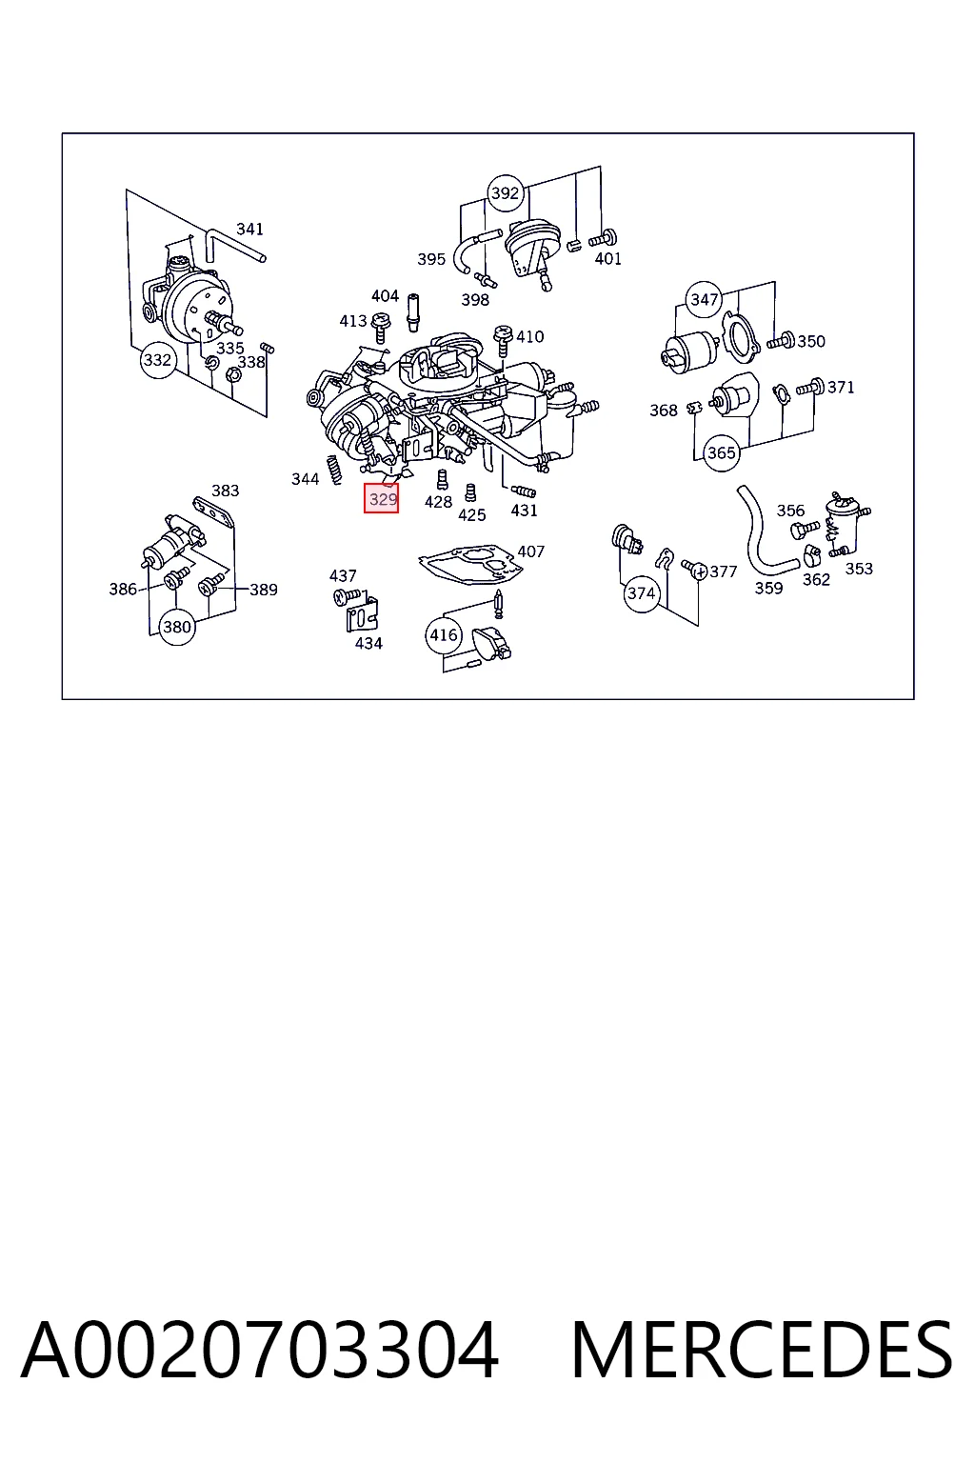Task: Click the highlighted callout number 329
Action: pos(382,498)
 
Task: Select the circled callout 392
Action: pos(505,192)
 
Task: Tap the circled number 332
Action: pos(157,360)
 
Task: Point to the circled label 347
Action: pos(704,300)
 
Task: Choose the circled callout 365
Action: pos(721,452)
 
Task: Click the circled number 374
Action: pos(641,593)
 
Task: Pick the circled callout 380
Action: pos(176,627)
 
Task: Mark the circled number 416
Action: pos(444,635)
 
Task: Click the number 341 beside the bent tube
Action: pos(249,230)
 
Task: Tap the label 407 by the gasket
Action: pos(530,551)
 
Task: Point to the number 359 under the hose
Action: pos(768,589)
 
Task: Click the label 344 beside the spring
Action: pos(305,479)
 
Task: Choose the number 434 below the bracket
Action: pos(368,644)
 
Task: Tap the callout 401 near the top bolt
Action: pos(608,259)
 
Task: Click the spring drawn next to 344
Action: pos(334,471)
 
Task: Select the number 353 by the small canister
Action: pos(859,569)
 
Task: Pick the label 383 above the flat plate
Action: pos(226,491)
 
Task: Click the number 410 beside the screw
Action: pos(529,337)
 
